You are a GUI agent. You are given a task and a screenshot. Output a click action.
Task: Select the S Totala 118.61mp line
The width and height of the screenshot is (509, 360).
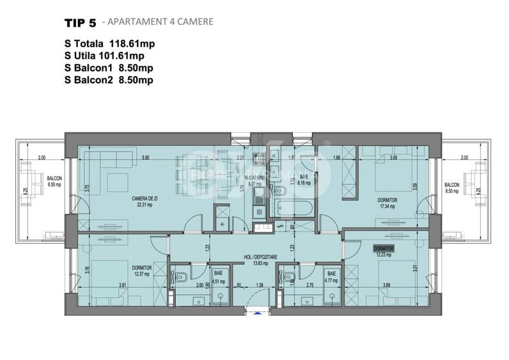tap(110, 44)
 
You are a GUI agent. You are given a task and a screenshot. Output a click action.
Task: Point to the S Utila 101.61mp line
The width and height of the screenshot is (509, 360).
tap(109, 56)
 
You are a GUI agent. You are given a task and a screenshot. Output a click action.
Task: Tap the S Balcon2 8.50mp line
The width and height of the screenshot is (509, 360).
tap(108, 80)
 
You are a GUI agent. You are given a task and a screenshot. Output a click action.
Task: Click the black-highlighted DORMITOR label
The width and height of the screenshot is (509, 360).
tap(384, 247)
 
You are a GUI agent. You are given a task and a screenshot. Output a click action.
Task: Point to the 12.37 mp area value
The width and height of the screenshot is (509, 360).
tap(141, 274)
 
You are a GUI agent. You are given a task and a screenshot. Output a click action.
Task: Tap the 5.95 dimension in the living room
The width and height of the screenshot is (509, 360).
tap(146, 157)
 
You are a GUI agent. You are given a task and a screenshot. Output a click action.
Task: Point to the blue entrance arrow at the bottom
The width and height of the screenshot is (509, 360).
tap(258, 313)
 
